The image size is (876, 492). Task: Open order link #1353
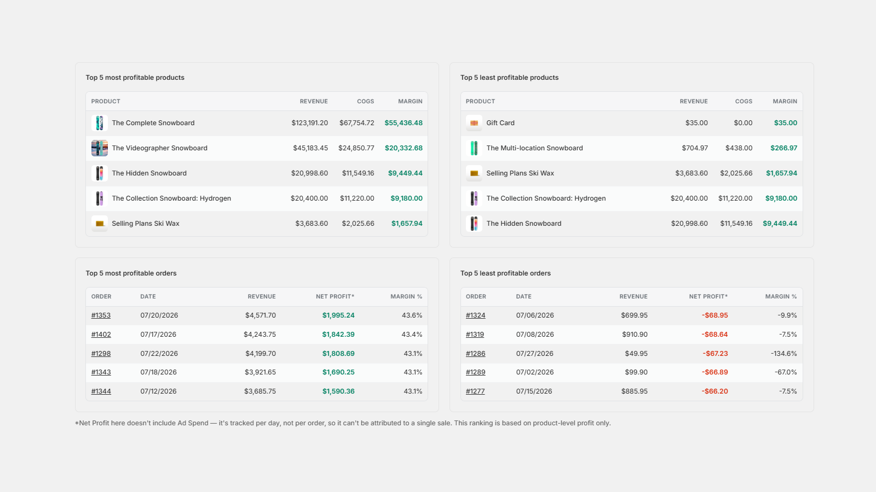[101, 315]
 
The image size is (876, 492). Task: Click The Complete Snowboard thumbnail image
[100, 123]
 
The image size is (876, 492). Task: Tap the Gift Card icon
[474, 123]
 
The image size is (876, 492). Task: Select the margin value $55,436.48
[404, 123]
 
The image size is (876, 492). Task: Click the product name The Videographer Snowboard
[159, 148]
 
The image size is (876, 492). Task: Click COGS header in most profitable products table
[366, 102]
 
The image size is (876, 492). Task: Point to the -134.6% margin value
[783, 353]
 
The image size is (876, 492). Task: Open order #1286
[476, 353]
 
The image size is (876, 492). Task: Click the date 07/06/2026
[535, 315]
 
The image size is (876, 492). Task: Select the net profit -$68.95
[715, 315]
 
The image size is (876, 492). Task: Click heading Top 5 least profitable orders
[505, 273]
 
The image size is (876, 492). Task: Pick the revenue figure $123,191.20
[310, 123]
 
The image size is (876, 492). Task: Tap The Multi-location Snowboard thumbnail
[474, 148]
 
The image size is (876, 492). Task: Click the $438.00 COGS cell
[739, 148]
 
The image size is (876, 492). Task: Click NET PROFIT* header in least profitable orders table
[708, 297]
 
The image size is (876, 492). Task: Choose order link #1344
[101, 391]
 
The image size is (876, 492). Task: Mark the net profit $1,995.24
[338, 315]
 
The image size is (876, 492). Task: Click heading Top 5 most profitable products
[135, 78]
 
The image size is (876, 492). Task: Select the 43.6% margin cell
[412, 315]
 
